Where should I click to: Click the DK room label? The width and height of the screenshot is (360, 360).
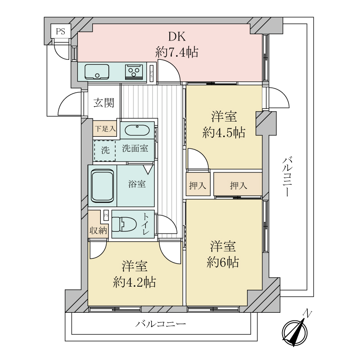coord(177,36)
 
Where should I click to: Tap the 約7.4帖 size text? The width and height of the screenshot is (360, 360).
coord(177,52)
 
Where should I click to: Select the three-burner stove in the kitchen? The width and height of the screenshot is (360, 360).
coord(134,72)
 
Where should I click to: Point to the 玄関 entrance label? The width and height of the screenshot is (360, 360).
coord(103,103)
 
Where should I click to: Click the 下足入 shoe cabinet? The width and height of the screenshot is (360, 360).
coord(105,129)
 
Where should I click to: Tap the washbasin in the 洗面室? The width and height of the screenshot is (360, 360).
coord(137,130)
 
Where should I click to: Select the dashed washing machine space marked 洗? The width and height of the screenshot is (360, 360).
coord(105,151)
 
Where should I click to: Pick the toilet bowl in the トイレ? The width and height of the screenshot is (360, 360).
coord(125,224)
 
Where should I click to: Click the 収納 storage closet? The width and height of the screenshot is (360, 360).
coord(98,230)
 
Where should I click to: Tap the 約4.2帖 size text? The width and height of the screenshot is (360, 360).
coord(135,282)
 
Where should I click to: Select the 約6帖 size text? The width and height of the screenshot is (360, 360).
coord(223,262)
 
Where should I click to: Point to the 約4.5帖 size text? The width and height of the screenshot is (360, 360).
coord(224,132)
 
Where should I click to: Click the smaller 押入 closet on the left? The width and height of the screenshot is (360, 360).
coord(197,185)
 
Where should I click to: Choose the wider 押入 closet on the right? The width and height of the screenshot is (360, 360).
coord(238,185)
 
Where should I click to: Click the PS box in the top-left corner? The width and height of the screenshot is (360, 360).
coord(60,31)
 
